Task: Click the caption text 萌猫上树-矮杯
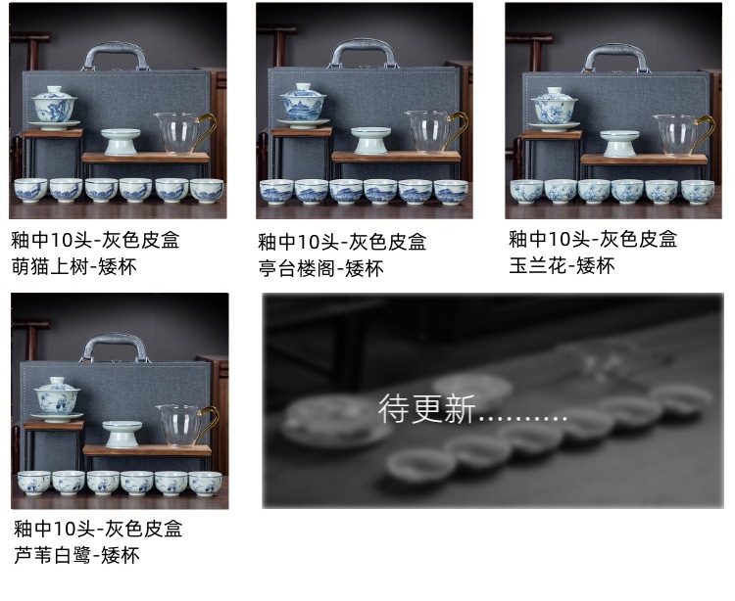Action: tap(74, 267)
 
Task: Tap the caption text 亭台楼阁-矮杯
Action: tap(321, 268)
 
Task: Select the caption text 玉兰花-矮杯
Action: tap(562, 266)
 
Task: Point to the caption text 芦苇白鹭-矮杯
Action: tap(76, 556)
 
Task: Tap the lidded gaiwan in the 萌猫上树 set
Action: tap(54, 108)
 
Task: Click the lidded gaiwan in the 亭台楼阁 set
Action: tap(303, 106)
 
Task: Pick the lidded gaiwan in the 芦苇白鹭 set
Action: tap(57, 399)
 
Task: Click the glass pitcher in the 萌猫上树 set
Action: tap(184, 133)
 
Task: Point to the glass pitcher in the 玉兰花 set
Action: tap(683, 135)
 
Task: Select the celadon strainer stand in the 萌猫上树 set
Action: tap(121, 142)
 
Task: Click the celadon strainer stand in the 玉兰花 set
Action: tap(619, 143)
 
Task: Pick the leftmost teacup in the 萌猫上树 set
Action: tap(31, 191)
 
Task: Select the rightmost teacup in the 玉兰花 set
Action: tap(698, 192)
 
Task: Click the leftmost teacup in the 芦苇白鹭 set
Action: tap(34, 483)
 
